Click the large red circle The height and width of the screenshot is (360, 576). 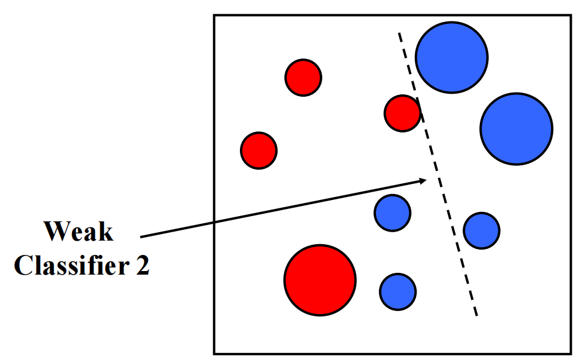(320, 279)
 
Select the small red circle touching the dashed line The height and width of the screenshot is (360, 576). (402, 113)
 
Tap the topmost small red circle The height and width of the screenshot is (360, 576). (303, 77)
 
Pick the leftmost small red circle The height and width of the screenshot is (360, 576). (258, 150)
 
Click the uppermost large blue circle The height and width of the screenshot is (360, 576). (451, 57)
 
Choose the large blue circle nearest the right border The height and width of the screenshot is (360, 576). (516, 128)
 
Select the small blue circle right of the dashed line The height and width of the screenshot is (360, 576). (482, 230)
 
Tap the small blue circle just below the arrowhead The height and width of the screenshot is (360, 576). (392, 213)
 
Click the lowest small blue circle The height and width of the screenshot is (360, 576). (398, 291)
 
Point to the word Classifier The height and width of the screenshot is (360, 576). (65, 264)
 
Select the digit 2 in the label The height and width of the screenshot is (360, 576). (141, 264)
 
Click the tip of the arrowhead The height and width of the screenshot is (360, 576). (428, 179)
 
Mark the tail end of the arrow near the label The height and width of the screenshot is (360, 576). (141, 236)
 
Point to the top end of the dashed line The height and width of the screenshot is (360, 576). (399, 34)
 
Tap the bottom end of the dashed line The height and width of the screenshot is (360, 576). (476, 316)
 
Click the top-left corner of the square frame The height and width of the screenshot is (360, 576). (215, 15)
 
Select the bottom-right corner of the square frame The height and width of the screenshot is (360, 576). (570, 353)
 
